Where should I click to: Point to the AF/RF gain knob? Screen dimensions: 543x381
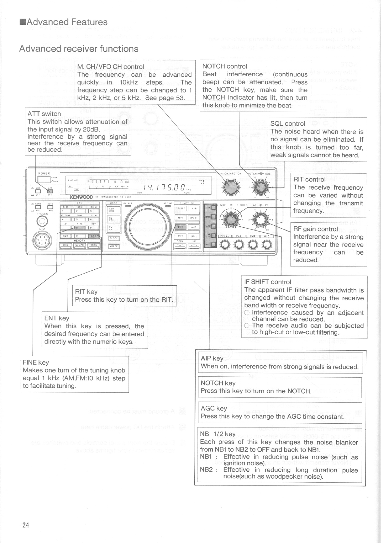[261, 220]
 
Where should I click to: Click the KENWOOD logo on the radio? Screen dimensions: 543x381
[81, 197]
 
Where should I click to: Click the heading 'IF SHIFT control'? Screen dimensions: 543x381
[267, 282]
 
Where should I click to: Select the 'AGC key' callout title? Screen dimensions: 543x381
[213, 408]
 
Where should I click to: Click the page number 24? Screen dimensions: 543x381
[26, 525]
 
